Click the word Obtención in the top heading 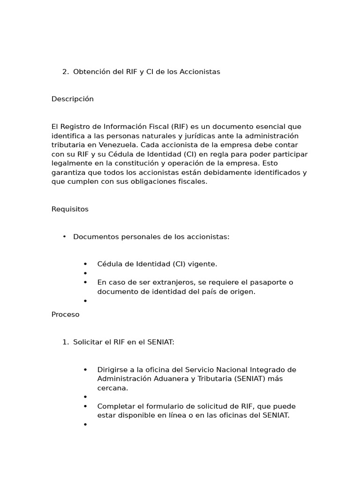91,72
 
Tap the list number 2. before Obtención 65,72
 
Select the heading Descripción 73,99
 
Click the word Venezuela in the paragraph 118,145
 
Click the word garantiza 69,172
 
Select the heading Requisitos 70,209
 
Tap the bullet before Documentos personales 64,237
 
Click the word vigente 202,264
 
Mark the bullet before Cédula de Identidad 85,264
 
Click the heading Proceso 66,315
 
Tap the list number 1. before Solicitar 65,342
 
